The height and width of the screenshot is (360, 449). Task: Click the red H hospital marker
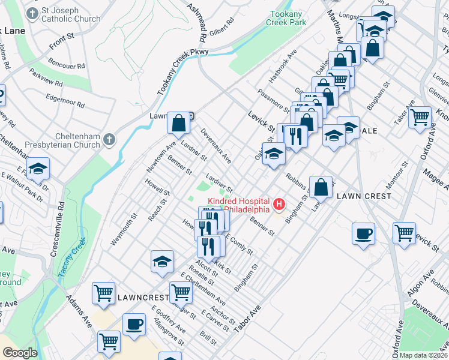pyautogui.click(x=279, y=205)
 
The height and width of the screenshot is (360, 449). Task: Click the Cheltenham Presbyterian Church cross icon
pyautogui.click(x=108, y=140)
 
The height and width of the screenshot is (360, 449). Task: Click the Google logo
pyautogui.click(x=20, y=353)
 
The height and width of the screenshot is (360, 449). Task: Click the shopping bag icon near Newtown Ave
pyautogui.click(x=179, y=124)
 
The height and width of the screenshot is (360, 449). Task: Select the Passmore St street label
pyautogui.click(x=273, y=100)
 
